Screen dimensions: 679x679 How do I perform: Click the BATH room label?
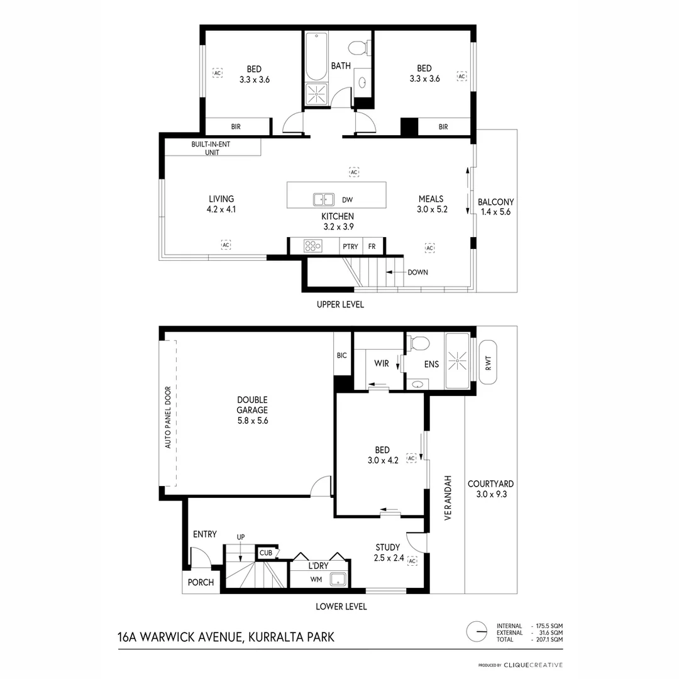coord(341,65)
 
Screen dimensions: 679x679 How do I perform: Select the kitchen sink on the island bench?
coord(324,200)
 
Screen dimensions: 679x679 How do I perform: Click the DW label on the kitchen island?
coord(347,200)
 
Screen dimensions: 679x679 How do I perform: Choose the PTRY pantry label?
coord(350,246)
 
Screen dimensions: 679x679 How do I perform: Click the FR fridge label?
coord(372,246)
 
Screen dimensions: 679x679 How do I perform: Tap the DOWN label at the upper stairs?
coord(418,272)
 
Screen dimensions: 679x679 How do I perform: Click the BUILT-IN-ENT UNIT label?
coord(213,148)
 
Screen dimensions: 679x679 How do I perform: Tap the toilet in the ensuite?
coord(419,343)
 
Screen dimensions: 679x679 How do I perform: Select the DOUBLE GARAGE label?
coord(252,410)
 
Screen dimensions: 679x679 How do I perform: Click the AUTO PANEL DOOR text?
coord(167,417)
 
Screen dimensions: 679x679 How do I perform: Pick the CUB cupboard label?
coord(265,553)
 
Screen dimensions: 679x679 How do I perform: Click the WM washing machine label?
coord(316,580)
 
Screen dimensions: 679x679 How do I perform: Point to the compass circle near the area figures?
coord(477,631)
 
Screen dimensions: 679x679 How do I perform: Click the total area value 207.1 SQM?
coord(547,639)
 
